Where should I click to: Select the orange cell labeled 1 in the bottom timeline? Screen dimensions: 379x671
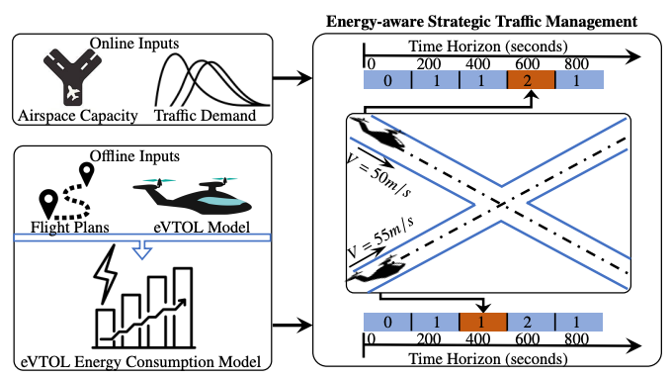click(482, 323)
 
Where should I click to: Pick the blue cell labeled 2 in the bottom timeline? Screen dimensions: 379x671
click(531, 323)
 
